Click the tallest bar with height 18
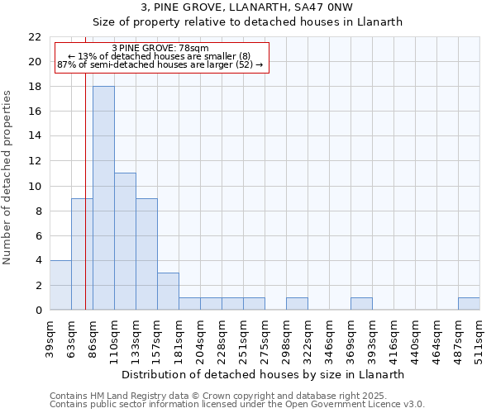click(103, 198)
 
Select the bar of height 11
click(125, 241)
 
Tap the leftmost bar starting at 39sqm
click(60, 285)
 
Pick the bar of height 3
click(168, 291)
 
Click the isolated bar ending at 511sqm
click(469, 303)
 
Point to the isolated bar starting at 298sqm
click(297, 303)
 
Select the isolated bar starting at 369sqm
click(361, 303)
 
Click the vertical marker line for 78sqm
click(85, 206)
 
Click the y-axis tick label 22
click(35, 37)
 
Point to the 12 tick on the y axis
click(35, 161)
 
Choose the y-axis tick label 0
click(38, 311)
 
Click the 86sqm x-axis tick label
click(93, 339)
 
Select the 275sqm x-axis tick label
click(265, 339)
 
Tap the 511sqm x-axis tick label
click(479, 339)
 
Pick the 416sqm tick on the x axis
click(393, 339)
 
